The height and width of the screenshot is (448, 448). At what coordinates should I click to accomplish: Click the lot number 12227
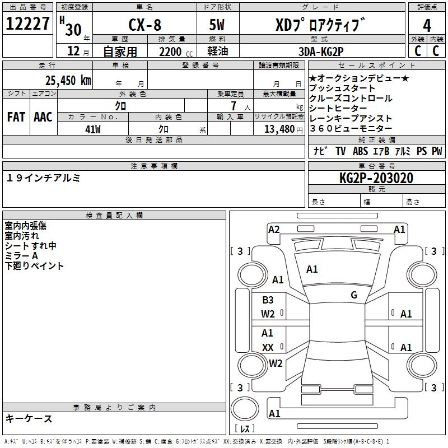point(28,24)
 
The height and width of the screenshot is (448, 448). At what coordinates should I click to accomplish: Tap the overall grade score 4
point(427,26)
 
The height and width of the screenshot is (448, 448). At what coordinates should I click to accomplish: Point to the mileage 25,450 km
point(68,81)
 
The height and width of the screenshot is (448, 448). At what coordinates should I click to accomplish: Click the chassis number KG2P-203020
point(376,178)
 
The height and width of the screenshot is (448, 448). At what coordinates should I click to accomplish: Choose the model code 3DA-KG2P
point(322,50)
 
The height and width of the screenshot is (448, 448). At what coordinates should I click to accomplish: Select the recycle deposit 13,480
point(278,129)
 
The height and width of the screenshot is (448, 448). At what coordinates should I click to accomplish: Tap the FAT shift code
point(16,117)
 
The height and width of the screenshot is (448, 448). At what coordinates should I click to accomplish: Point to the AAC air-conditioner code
point(43,117)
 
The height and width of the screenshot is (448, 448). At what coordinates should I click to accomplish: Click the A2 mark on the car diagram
point(274,229)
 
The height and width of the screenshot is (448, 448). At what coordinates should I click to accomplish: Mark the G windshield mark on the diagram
point(354,295)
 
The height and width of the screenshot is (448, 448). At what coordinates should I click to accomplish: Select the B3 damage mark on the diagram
point(268,300)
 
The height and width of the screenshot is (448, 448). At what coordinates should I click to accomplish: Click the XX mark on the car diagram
point(268,347)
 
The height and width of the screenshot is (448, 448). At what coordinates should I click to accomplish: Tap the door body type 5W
point(218,26)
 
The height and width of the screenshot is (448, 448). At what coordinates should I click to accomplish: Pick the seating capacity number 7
point(232,106)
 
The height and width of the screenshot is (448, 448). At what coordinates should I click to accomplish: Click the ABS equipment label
point(360,151)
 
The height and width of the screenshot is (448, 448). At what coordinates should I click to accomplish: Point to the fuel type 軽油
point(218,51)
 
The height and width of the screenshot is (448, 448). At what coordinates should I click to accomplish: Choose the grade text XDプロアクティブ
point(320,26)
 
